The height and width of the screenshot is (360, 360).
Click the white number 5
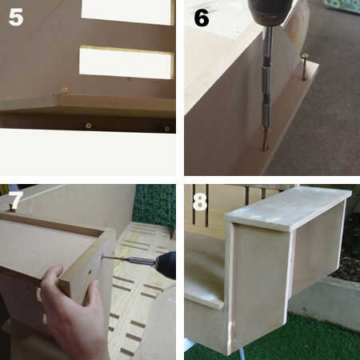coord(16,17)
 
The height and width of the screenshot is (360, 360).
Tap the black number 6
coord(202,18)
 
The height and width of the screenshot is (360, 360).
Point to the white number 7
coord(15,201)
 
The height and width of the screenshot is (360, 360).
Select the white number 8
coord(200,202)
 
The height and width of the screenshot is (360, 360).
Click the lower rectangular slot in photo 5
coord(126,63)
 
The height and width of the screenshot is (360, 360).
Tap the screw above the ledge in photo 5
coord(64,90)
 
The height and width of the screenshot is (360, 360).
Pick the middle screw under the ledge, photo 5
coord(88,125)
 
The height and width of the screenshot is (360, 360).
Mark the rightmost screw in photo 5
coord(167,129)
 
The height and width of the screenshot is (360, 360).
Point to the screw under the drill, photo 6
coord(265,140)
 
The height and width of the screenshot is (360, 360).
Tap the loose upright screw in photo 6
coord(304,66)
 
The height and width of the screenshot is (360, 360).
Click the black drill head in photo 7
coord(166,265)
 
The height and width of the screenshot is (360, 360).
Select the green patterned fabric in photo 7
coord(154,206)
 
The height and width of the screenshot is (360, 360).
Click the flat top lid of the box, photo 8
coord(288,208)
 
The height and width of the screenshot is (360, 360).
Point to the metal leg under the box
coord(242,354)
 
